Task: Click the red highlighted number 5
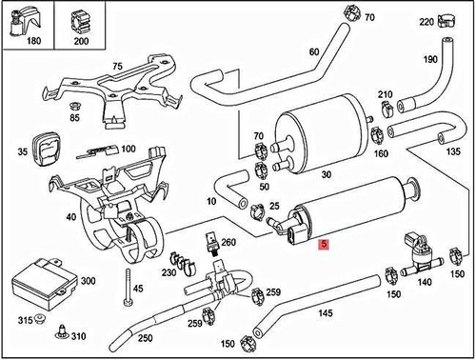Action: pyautogui.click(x=325, y=244)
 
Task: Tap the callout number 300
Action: pyautogui.click(x=88, y=282)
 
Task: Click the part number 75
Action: pyautogui.click(x=118, y=67)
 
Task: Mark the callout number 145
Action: pyautogui.click(x=325, y=313)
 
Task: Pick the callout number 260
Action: pyautogui.click(x=228, y=242)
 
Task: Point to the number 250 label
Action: pyautogui.click(x=145, y=338)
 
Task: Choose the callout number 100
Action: pyautogui.click(x=129, y=150)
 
